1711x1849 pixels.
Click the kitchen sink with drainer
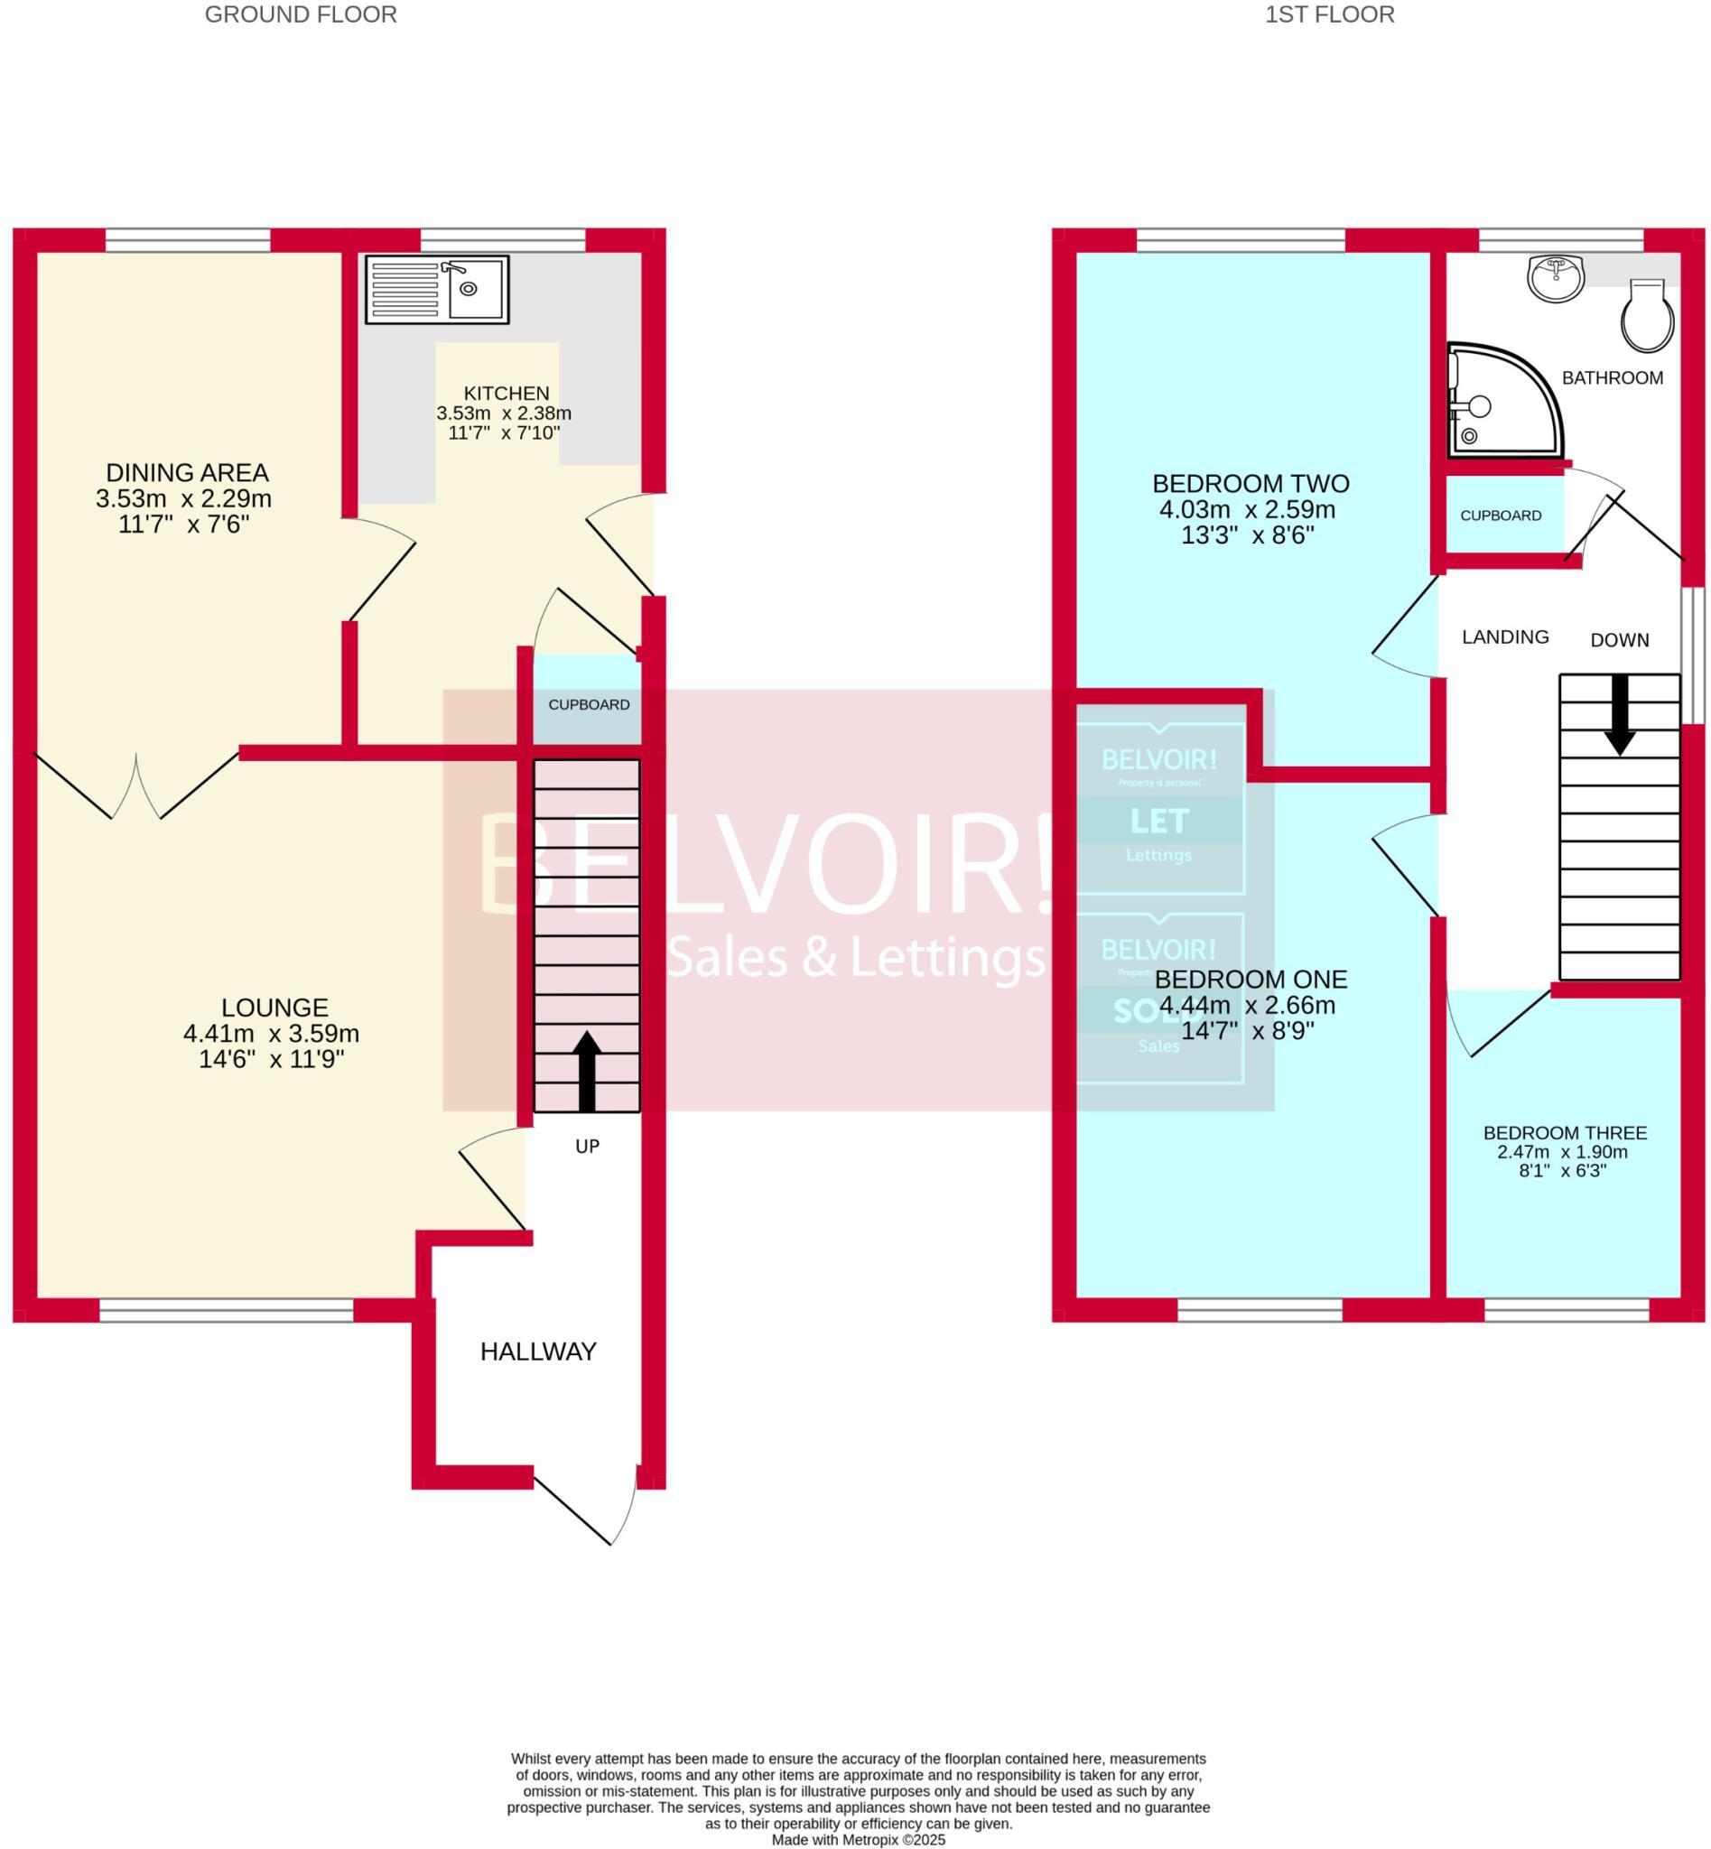[x=436, y=289]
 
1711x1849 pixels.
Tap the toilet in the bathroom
[x=1647, y=317]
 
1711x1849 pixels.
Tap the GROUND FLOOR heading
[x=300, y=14]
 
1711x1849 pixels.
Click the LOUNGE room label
[x=274, y=1008]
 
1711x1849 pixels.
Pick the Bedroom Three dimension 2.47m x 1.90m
[x=1562, y=1152]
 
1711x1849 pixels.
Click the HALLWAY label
[x=538, y=1352]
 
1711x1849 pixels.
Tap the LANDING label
[x=1504, y=637]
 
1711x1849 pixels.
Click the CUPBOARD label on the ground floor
[x=589, y=704]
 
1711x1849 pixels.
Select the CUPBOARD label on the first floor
[x=1500, y=516]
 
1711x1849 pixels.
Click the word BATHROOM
[x=1612, y=377]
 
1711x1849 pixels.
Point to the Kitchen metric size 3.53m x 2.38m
[x=504, y=413]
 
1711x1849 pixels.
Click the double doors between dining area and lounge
[x=137, y=787]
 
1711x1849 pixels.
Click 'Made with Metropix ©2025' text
[x=858, y=1840]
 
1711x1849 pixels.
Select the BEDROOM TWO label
[x=1250, y=483]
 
